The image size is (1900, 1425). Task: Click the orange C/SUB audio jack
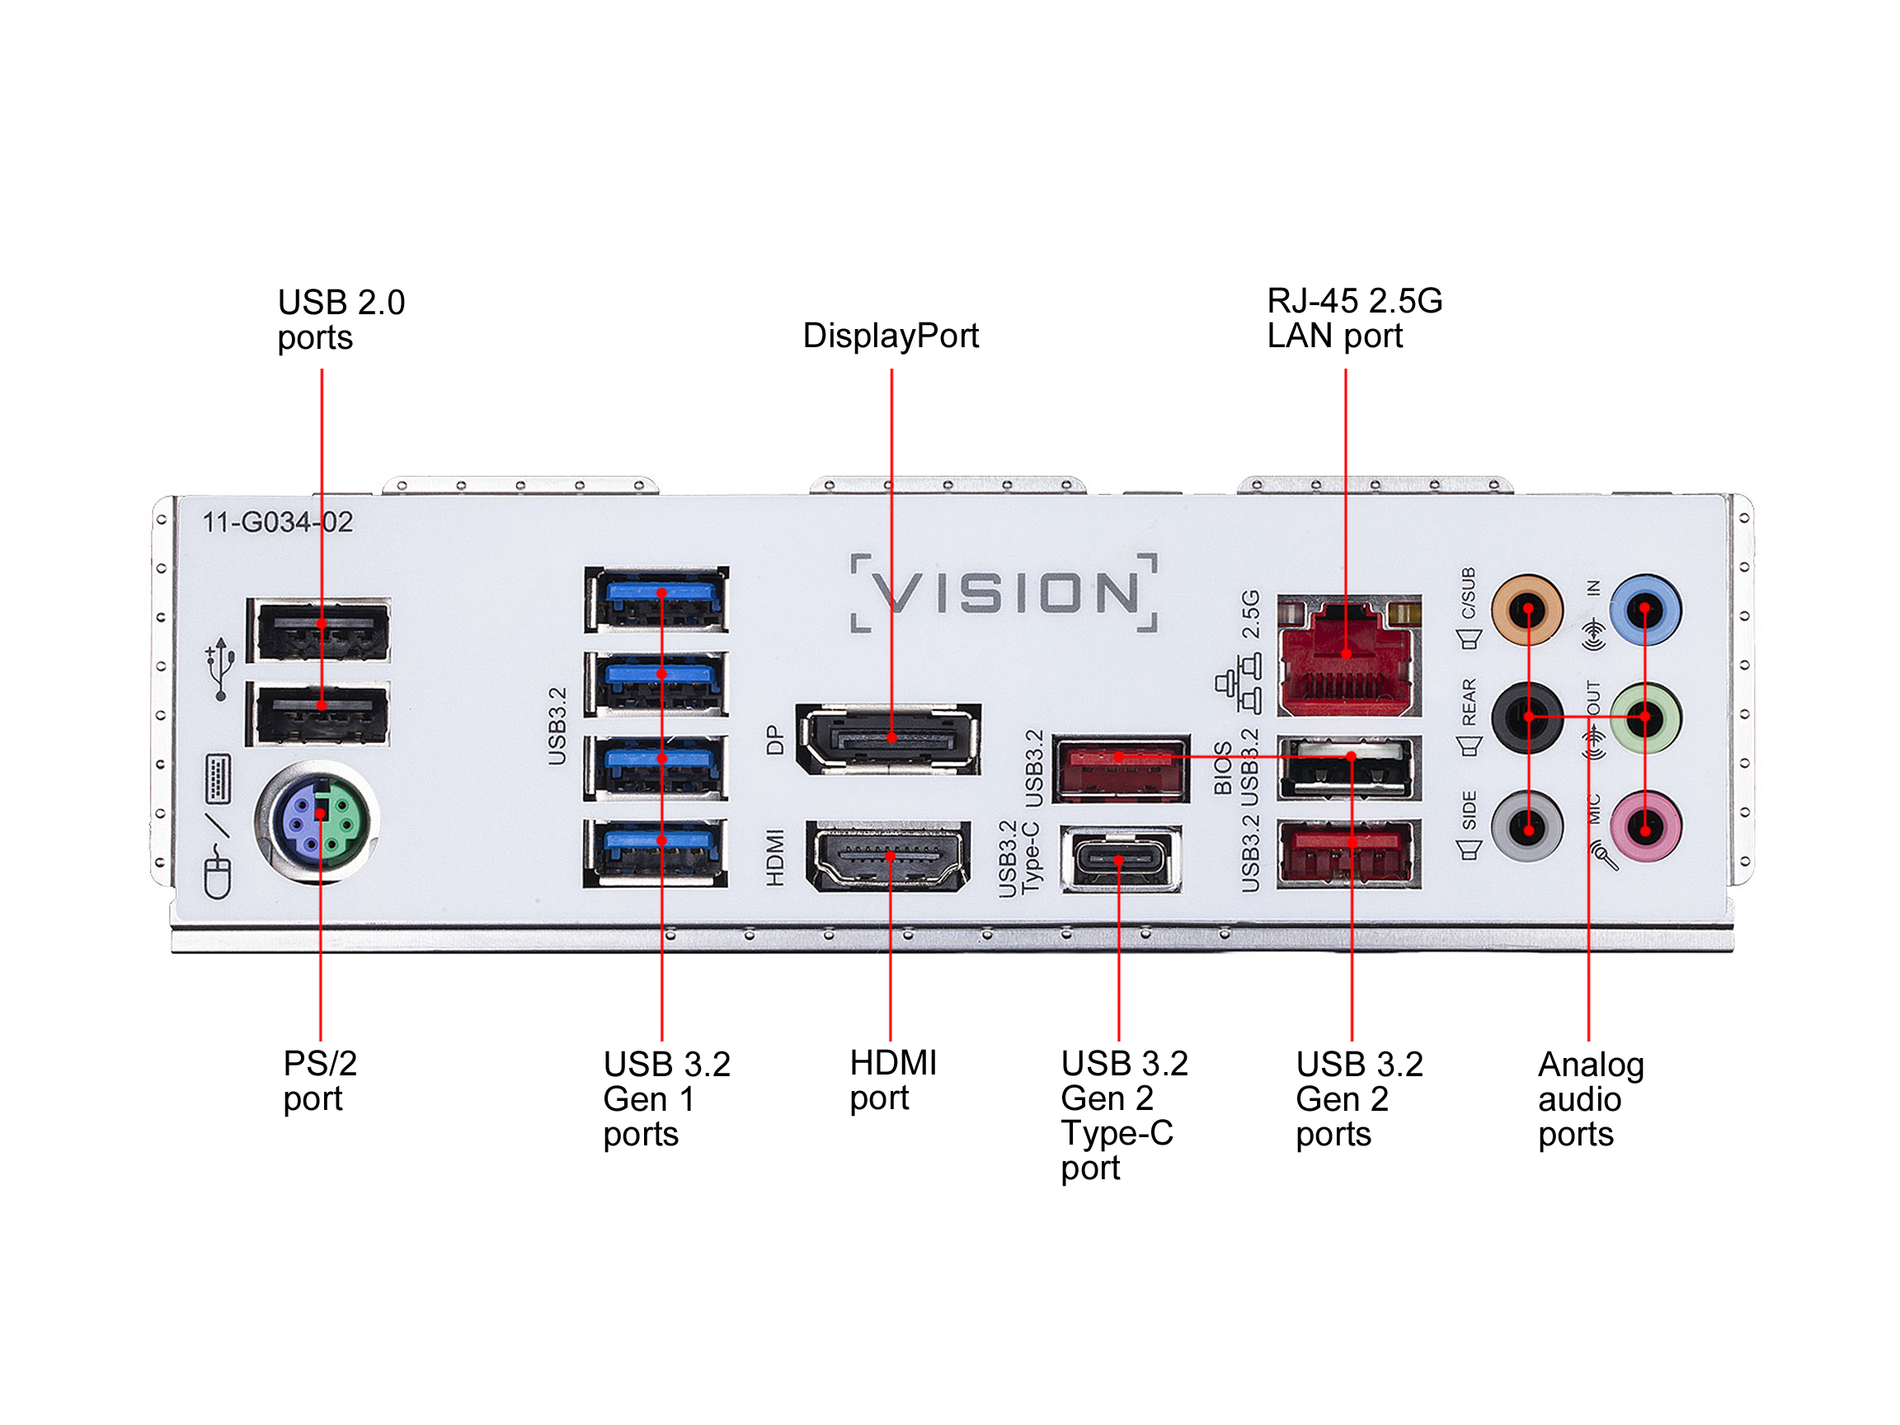pyautogui.click(x=1527, y=611)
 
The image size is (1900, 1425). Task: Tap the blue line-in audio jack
pyautogui.click(x=1644, y=611)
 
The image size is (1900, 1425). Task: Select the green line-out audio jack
pyautogui.click(x=1644, y=717)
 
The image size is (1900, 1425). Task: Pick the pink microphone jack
pyautogui.click(x=1644, y=827)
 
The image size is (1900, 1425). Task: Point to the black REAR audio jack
pyautogui.click(x=1527, y=717)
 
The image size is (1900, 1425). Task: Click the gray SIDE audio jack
pyautogui.click(x=1527, y=827)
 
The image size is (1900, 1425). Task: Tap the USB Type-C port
pyautogui.click(x=1120, y=859)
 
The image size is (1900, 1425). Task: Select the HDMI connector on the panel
pyautogui.click(x=889, y=856)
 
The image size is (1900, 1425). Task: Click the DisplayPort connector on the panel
pyautogui.click(x=889, y=739)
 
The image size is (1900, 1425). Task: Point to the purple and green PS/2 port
pyautogui.click(x=317, y=822)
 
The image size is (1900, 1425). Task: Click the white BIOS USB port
pyautogui.click(x=1348, y=767)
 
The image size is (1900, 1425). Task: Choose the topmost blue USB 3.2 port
pyautogui.click(x=657, y=599)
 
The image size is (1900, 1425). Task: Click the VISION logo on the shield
pyautogui.click(x=1004, y=594)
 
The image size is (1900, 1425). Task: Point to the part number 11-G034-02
pyautogui.click(x=277, y=522)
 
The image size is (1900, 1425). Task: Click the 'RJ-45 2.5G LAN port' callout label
pyautogui.click(x=1354, y=317)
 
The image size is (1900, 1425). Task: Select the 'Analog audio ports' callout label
pyautogui.click(x=1590, y=1098)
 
